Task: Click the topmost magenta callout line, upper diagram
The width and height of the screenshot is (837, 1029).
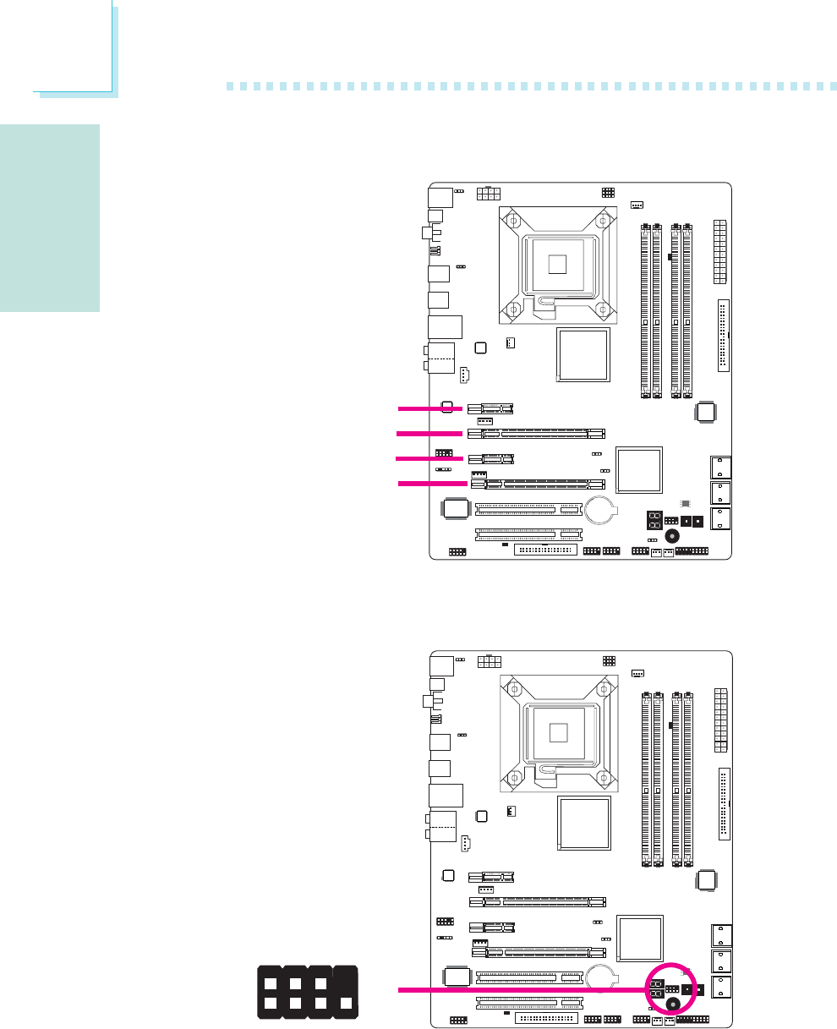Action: (430, 408)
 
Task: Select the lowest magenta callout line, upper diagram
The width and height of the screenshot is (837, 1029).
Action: (432, 484)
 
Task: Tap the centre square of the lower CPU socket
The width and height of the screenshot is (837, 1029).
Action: (556, 731)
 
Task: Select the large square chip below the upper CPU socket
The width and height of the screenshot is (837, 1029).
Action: (583, 355)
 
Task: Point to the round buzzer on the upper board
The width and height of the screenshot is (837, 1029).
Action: (672, 537)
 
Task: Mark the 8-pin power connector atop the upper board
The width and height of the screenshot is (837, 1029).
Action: (489, 194)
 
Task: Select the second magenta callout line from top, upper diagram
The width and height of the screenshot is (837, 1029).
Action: (429, 433)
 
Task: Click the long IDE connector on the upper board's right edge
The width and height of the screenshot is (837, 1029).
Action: (723, 335)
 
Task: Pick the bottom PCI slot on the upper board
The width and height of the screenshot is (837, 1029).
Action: (528, 534)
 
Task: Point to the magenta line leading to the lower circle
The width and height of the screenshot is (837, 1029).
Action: (520, 988)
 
